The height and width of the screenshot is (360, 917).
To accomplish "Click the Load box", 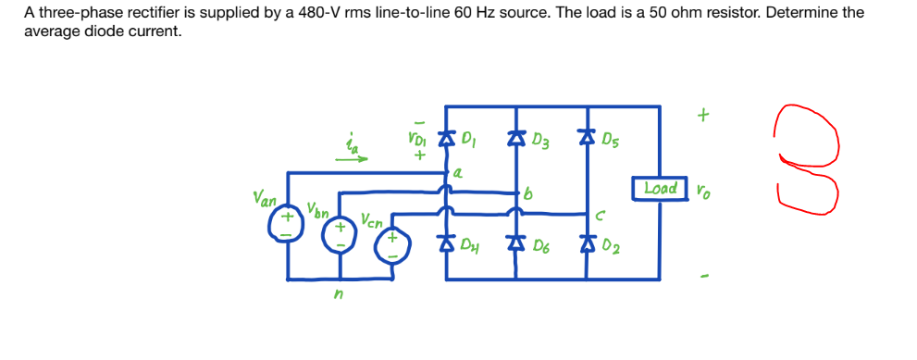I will [661, 188].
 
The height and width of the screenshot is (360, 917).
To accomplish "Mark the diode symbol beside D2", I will [585, 245].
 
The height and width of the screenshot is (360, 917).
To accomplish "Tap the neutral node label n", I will [340, 296].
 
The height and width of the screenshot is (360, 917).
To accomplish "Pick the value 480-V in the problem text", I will [275, 13].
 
